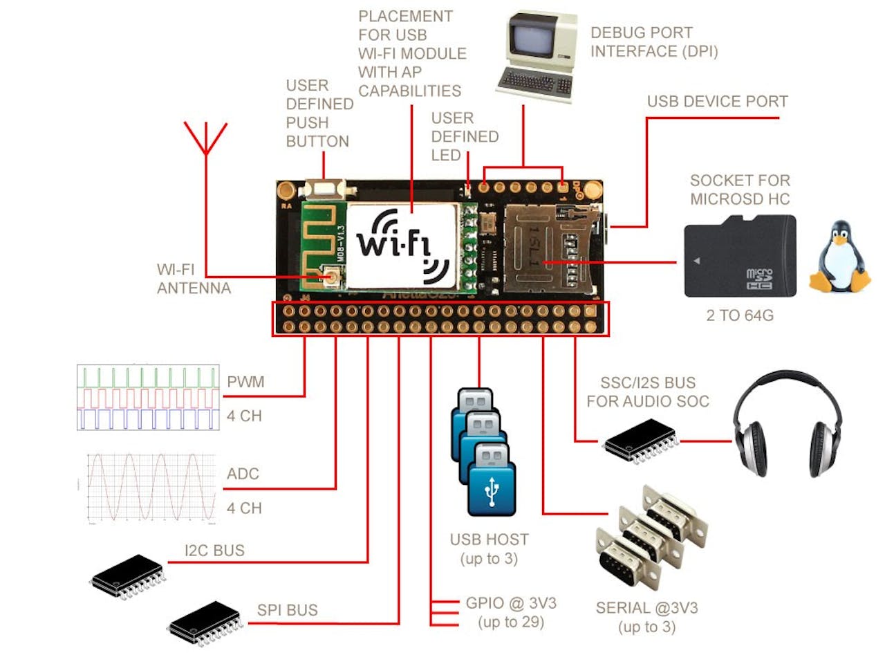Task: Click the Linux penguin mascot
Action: coord(840,257)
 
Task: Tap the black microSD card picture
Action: coord(740,257)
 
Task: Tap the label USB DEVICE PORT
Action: coord(717,102)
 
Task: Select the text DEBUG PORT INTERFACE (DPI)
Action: coord(653,42)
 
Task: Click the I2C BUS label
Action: coord(214,551)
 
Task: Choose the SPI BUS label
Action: coord(288,610)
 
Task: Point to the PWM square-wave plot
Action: coord(148,398)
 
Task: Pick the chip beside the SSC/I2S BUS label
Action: coord(640,442)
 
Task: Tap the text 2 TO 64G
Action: coord(740,315)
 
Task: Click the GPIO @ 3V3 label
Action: coord(511,603)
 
